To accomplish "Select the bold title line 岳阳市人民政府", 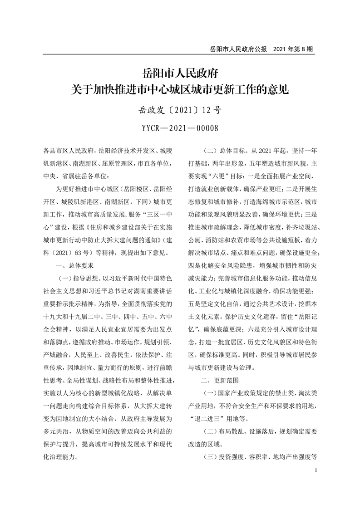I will pos(180,72).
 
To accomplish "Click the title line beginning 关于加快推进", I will pos(180,89).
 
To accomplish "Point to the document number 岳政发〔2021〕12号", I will pos(180,110).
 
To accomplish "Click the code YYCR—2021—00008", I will pos(180,128).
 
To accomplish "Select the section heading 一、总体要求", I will pos(75,264).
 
